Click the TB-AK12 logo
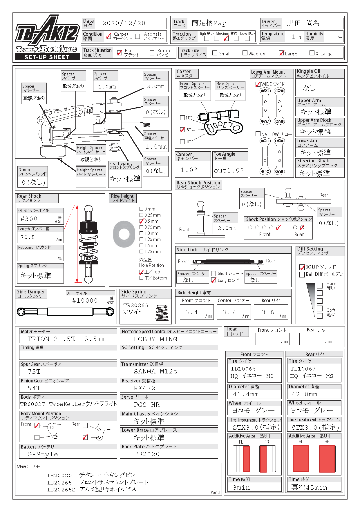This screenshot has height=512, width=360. (x=47, y=32)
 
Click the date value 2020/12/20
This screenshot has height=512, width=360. (x=124, y=23)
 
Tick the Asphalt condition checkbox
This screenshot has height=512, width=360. (x=138, y=36)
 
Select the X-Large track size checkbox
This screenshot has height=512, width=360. (x=312, y=53)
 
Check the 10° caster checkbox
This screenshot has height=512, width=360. (x=182, y=118)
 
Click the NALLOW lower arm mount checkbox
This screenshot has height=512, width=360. (x=258, y=134)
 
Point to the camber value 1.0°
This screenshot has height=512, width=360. (x=189, y=170)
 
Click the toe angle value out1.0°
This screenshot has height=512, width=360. (x=229, y=170)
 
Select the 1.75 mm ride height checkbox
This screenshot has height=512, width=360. (x=141, y=252)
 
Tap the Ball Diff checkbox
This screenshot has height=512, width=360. (x=302, y=274)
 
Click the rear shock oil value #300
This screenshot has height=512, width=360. (x=29, y=219)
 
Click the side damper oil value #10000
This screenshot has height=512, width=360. (x=85, y=301)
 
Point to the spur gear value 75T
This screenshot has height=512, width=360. (x=34, y=372)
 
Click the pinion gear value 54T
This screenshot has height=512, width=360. (x=34, y=388)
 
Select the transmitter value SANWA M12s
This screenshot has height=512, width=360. (x=155, y=371)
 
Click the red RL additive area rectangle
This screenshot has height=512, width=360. (x=301, y=459)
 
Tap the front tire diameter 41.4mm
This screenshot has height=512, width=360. (x=246, y=394)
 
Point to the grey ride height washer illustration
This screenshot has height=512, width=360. (x=124, y=234)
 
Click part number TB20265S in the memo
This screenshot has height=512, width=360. (x=61, y=490)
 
